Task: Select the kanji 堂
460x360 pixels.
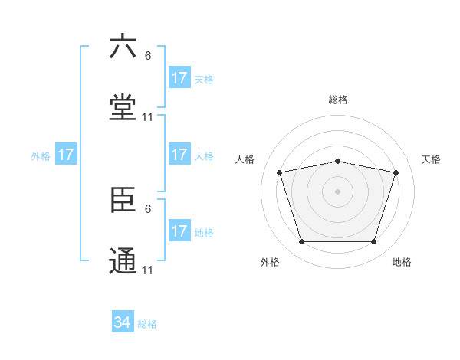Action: (123, 108)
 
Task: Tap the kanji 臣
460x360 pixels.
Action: (123, 201)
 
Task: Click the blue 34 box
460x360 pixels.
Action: (123, 322)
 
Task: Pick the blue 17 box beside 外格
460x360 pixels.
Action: (66, 155)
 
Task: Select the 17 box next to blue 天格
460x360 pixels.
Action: (179, 78)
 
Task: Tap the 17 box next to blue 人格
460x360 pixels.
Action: (179, 155)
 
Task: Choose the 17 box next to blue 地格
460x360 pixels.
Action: (179, 231)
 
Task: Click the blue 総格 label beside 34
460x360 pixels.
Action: (147, 324)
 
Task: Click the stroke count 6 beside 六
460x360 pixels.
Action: (148, 55)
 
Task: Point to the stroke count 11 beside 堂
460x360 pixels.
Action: (148, 117)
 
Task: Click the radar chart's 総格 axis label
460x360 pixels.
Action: (337, 100)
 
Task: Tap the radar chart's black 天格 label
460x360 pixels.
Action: (431, 159)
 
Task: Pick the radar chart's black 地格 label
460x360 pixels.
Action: (402, 262)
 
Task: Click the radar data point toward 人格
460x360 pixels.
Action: (280, 172)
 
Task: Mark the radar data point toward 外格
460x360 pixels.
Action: (301, 242)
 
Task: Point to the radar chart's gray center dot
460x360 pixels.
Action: (337, 191)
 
